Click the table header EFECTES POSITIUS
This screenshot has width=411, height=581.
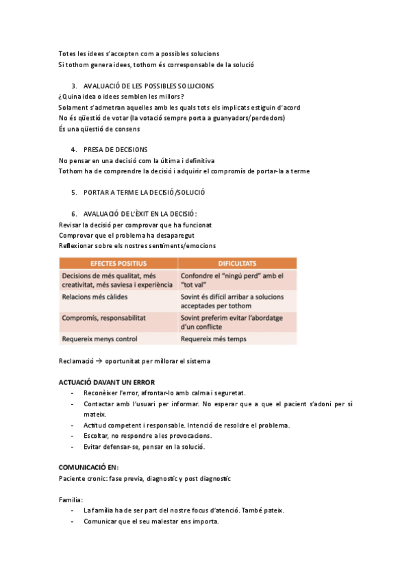click(x=118, y=263)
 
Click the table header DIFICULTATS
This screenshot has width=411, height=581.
click(x=237, y=263)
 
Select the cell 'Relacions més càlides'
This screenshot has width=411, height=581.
click(x=93, y=298)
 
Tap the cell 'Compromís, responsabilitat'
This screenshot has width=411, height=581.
click(x=102, y=318)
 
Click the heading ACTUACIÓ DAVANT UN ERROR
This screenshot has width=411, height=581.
click(x=106, y=382)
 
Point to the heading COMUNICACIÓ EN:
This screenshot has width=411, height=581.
click(x=88, y=467)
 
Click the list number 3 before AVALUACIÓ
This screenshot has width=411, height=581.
click(x=73, y=86)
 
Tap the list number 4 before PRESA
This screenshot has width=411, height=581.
click(x=73, y=149)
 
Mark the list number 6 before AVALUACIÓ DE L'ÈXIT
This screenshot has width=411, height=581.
click(x=73, y=213)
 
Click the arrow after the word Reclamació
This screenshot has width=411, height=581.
click(x=99, y=360)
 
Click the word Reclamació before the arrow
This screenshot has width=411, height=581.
click(x=75, y=360)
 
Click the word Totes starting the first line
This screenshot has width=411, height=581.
click(x=67, y=53)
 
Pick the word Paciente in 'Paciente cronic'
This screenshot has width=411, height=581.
click(x=73, y=478)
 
